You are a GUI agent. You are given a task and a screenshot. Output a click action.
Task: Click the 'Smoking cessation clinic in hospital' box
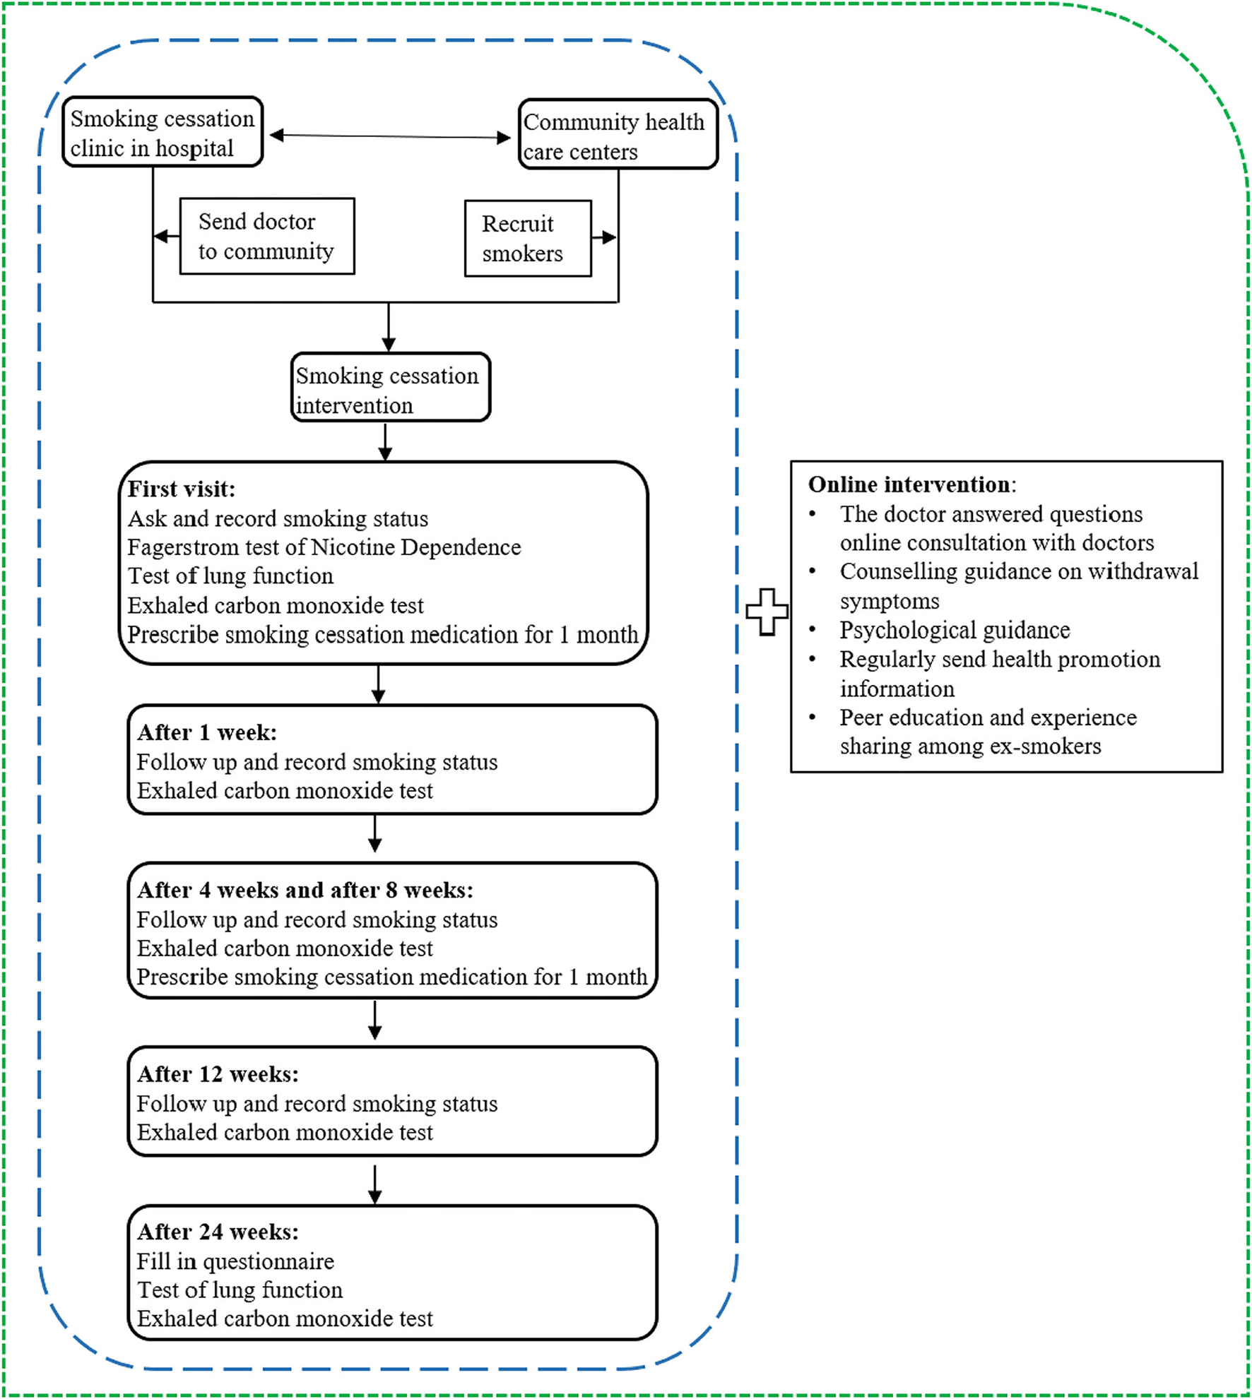[x=163, y=133]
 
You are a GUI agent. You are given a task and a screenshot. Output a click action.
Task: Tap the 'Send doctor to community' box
[x=267, y=237]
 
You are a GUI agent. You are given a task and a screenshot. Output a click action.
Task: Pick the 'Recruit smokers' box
[x=527, y=239]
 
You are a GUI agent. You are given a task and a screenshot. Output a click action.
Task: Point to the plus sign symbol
[x=767, y=612]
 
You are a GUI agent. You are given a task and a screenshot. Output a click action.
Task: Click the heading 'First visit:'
[x=182, y=489]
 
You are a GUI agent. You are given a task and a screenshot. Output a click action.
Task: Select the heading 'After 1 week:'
[x=207, y=732]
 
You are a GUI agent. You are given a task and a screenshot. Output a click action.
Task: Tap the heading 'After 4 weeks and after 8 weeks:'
[x=305, y=890]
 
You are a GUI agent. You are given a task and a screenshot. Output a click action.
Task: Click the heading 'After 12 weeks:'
[x=218, y=1074]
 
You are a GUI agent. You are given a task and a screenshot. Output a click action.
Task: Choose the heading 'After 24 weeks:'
[x=218, y=1232]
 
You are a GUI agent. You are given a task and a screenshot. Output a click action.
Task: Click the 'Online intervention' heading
[x=910, y=484]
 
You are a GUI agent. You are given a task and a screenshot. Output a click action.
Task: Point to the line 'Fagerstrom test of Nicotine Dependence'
[x=324, y=547]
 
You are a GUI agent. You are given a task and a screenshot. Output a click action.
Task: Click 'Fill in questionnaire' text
[x=235, y=1261]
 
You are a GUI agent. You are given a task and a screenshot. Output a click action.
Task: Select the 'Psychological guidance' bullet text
[x=955, y=630]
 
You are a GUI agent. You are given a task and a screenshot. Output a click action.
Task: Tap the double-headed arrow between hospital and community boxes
[x=390, y=136]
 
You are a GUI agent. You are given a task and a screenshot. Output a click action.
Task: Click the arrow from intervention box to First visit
[x=385, y=442]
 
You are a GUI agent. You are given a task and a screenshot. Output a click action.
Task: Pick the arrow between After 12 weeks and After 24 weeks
[x=375, y=1184]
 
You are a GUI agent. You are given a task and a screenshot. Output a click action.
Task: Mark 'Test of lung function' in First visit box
[x=230, y=576]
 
